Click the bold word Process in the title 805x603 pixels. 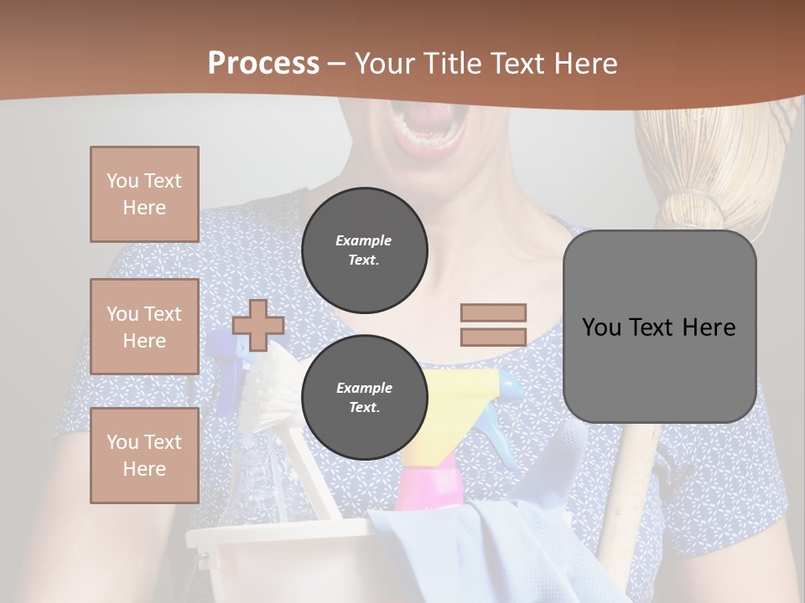tap(263, 64)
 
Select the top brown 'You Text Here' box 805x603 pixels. tap(144, 194)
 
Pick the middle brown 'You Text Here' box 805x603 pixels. tap(144, 327)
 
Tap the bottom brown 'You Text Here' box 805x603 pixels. tap(144, 456)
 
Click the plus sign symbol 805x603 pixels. tap(258, 325)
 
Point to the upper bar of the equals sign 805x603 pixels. tap(493, 312)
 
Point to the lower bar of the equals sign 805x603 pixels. tap(493, 338)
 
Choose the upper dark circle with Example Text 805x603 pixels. tap(364, 250)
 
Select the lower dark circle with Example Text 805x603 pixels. tap(364, 398)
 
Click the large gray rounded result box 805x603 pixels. tap(659, 327)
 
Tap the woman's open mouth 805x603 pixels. tap(428, 126)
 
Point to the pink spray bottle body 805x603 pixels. tap(428, 490)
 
